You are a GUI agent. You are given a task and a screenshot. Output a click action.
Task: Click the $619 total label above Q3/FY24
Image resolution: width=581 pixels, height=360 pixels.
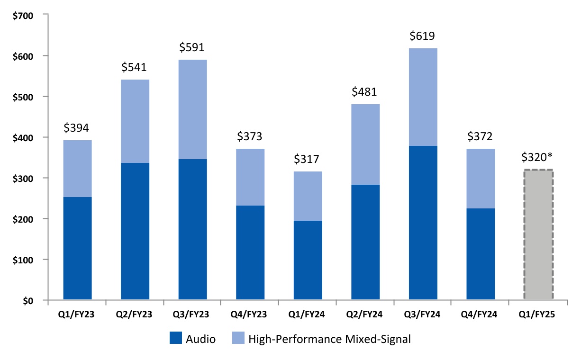(x=423, y=36)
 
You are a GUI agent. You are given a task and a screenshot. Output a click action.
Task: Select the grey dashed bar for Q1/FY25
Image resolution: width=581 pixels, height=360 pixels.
(x=538, y=235)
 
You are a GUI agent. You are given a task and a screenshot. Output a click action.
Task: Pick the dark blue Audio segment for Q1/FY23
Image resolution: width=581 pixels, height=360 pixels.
(x=77, y=249)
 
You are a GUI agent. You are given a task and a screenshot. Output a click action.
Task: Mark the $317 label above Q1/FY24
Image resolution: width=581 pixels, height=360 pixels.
(x=308, y=159)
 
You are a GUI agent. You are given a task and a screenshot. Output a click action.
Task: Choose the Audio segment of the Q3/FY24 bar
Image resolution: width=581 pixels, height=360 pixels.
(x=423, y=223)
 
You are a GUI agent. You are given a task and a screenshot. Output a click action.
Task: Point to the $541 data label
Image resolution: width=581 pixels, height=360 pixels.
(x=135, y=68)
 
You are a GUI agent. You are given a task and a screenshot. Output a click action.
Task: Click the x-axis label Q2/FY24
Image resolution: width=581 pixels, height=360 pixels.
(x=365, y=313)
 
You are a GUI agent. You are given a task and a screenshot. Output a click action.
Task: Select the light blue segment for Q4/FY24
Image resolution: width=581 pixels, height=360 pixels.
(x=481, y=179)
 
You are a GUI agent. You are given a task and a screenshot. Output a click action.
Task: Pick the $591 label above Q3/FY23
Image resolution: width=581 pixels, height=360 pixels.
(x=192, y=47)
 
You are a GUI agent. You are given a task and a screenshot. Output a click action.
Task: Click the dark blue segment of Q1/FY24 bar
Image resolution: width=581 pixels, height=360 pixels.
(x=308, y=261)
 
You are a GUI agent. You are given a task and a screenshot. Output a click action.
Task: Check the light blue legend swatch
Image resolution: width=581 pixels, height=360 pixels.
(x=238, y=338)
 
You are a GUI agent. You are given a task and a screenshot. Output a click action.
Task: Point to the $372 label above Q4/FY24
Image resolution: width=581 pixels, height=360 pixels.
(x=481, y=137)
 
